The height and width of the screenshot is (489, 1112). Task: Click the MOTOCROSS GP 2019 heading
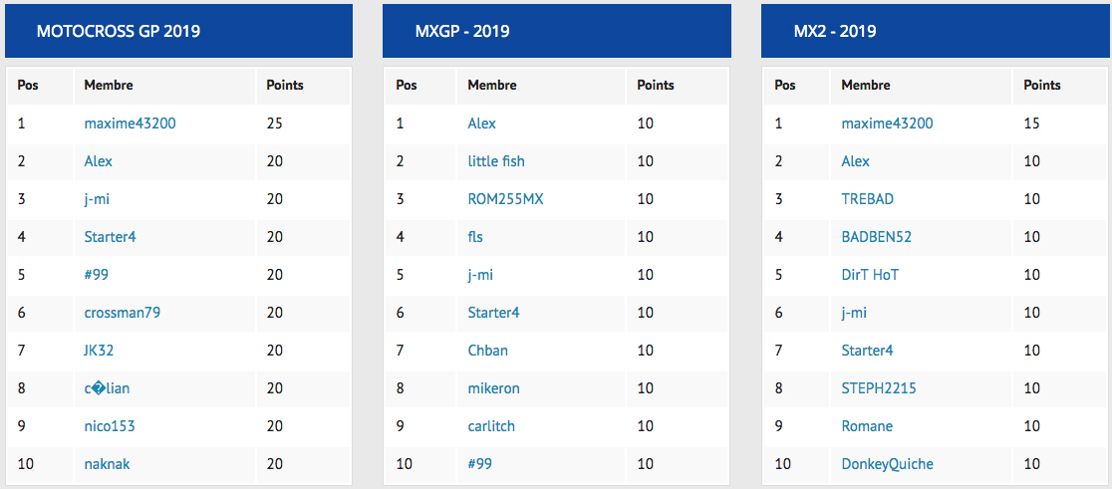click(x=119, y=31)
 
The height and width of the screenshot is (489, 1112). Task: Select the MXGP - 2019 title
click(x=462, y=31)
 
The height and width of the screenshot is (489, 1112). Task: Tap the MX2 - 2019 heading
click(x=835, y=31)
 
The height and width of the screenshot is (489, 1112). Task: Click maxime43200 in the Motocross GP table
click(x=130, y=123)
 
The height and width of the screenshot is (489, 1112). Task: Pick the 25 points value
click(x=274, y=123)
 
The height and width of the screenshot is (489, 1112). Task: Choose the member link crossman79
click(x=122, y=313)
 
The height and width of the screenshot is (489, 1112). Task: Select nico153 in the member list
click(x=110, y=426)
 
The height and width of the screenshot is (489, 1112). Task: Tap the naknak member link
click(x=107, y=464)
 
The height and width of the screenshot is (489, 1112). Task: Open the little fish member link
click(x=496, y=161)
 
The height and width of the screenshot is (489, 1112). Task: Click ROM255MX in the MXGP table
click(x=505, y=199)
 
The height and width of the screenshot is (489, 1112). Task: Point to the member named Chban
click(x=488, y=351)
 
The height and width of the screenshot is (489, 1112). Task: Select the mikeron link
click(x=493, y=388)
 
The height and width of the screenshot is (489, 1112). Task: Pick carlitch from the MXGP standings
click(x=491, y=426)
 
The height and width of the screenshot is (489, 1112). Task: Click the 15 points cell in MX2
click(x=1032, y=123)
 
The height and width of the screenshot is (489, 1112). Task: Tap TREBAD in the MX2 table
click(x=867, y=199)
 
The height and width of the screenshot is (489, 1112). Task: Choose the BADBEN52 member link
click(x=877, y=237)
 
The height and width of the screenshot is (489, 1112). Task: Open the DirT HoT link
click(x=870, y=274)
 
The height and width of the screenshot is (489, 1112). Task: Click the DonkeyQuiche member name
click(x=887, y=464)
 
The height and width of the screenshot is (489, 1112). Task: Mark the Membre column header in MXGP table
click(x=492, y=85)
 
